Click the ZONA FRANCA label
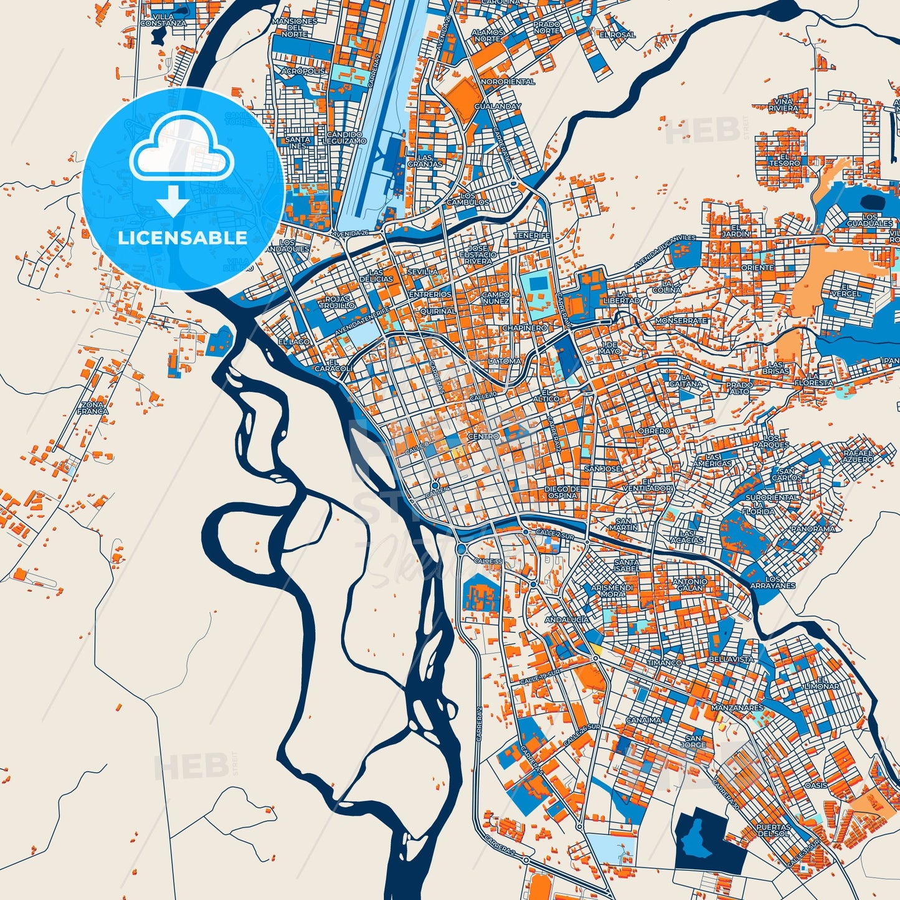(x=93, y=408)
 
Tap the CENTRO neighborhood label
(x=483, y=437)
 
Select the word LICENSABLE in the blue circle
(x=182, y=238)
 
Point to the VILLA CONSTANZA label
(x=163, y=20)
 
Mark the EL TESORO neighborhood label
(x=784, y=160)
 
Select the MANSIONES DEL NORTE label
(x=295, y=27)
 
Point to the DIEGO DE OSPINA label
(x=562, y=492)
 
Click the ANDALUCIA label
(x=567, y=620)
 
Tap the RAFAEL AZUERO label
(x=858, y=456)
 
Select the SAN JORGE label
(x=693, y=741)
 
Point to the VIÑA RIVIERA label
(x=783, y=105)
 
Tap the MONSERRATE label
(x=681, y=320)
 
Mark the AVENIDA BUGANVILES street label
(x=665, y=252)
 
